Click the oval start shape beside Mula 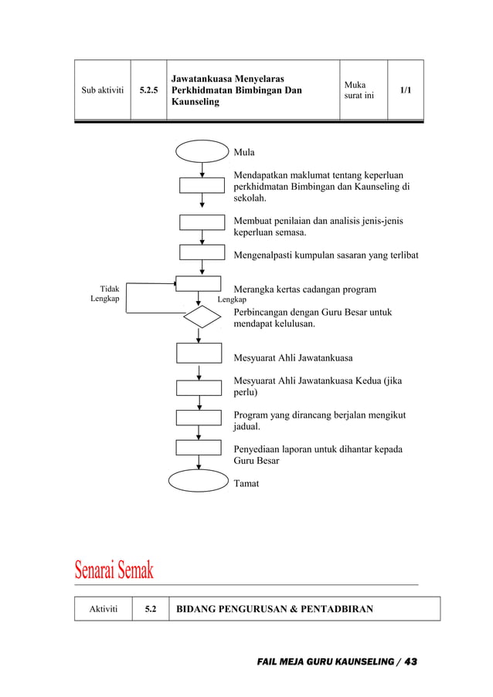202,151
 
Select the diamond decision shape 202,316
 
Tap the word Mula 244,152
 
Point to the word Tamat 246,483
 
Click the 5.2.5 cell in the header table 148,90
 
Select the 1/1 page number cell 405,90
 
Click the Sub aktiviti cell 102,90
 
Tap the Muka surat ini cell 362,90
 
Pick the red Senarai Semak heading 114,571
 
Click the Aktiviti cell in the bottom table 104,609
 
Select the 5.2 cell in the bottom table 151,609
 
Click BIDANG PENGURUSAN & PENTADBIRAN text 275,609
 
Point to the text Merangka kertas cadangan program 304,289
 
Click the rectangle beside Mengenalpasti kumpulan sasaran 202,252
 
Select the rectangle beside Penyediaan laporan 199,448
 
